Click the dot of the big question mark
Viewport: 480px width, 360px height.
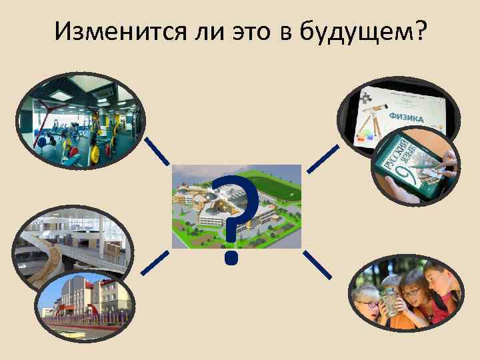[231, 255]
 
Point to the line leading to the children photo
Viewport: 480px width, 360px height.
[319, 264]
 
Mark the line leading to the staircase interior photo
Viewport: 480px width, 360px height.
[155, 263]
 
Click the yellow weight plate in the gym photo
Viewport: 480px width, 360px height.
[95, 153]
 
